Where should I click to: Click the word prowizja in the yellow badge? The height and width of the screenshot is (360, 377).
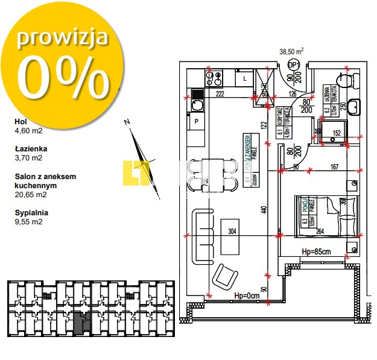click(x=62, y=37)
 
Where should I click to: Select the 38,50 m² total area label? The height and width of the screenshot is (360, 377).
click(x=291, y=52)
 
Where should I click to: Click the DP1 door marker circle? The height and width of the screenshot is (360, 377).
click(x=294, y=65)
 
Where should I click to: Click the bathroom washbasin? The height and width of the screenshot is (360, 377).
click(x=355, y=107)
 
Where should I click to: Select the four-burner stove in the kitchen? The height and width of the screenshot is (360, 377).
click(x=214, y=78)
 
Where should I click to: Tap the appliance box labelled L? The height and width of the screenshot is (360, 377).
click(x=244, y=78)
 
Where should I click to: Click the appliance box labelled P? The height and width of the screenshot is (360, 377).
click(x=197, y=121)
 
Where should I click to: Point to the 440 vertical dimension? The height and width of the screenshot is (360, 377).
click(x=264, y=210)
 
